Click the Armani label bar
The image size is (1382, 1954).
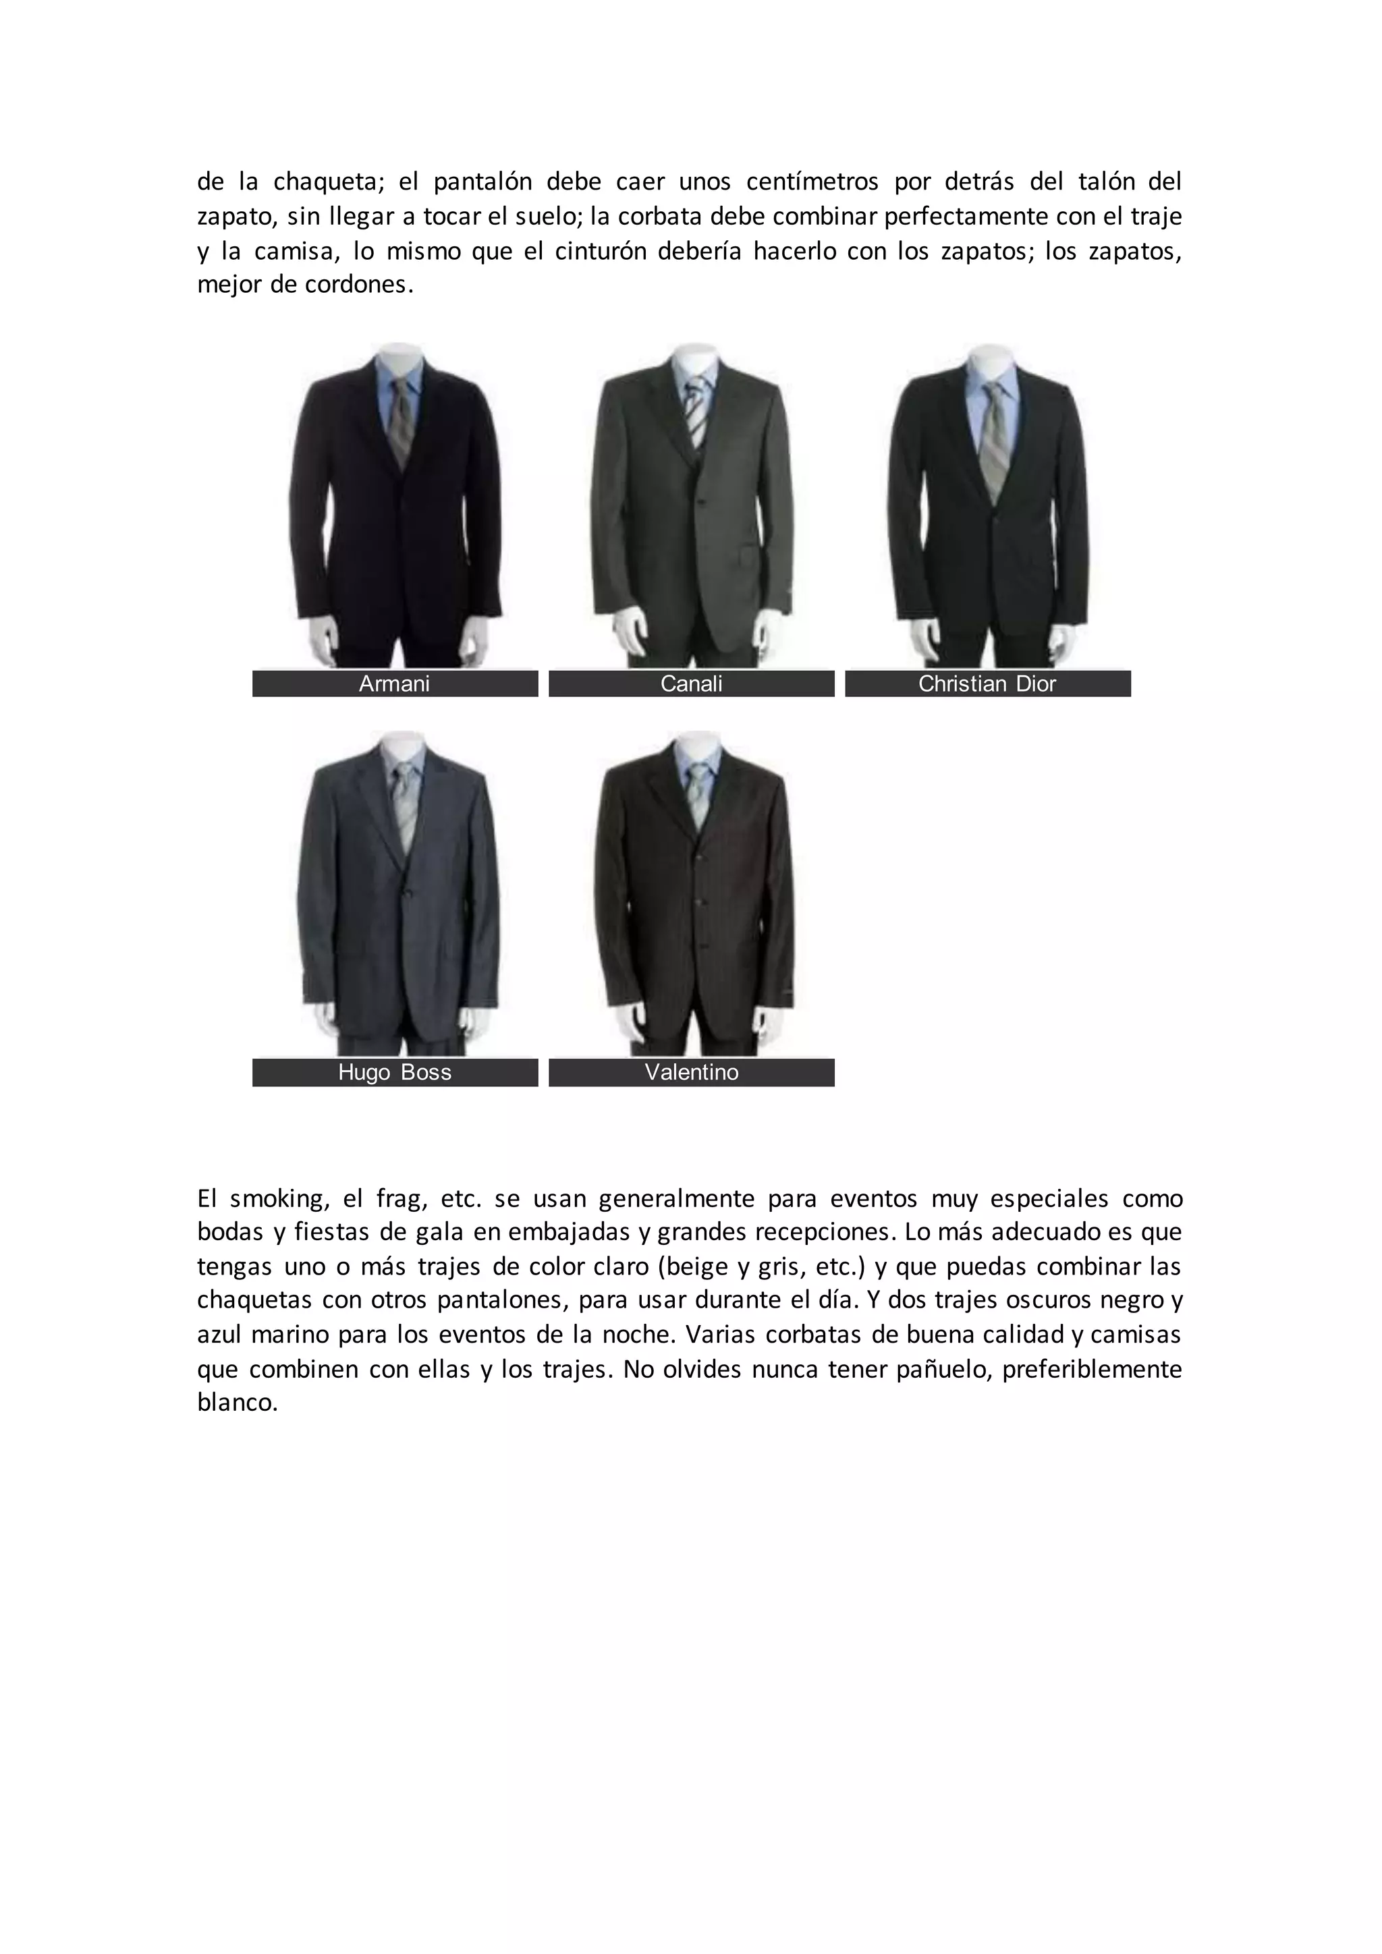tap(395, 683)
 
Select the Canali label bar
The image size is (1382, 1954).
tap(691, 683)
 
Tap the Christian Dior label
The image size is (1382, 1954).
tap(987, 683)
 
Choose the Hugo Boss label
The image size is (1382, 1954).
tap(395, 1072)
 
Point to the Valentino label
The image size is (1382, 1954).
tap(691, 1072)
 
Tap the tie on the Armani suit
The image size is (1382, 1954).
tap(402, 417)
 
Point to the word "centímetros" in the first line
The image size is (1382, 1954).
tap(812, 182)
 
